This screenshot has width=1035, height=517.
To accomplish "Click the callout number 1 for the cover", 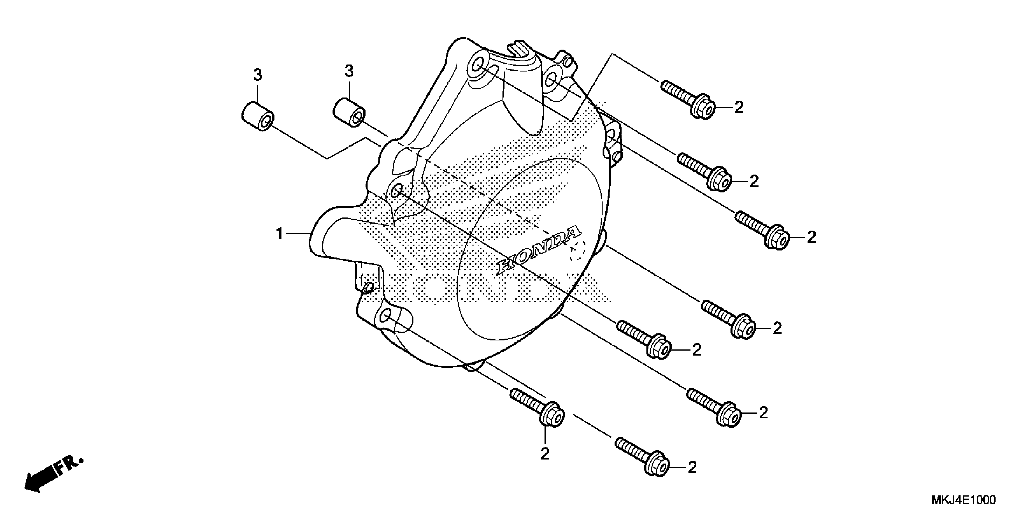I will tap(280, 233).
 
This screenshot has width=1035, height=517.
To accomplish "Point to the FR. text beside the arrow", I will tap(69, 466).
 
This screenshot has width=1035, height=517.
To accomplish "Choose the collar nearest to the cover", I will tap(349, 112).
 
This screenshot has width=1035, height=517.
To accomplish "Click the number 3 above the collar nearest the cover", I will tap(349, 71).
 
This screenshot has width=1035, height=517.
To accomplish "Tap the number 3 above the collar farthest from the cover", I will tap(258, 75).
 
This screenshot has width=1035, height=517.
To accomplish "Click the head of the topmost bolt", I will tap(703, 107).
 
